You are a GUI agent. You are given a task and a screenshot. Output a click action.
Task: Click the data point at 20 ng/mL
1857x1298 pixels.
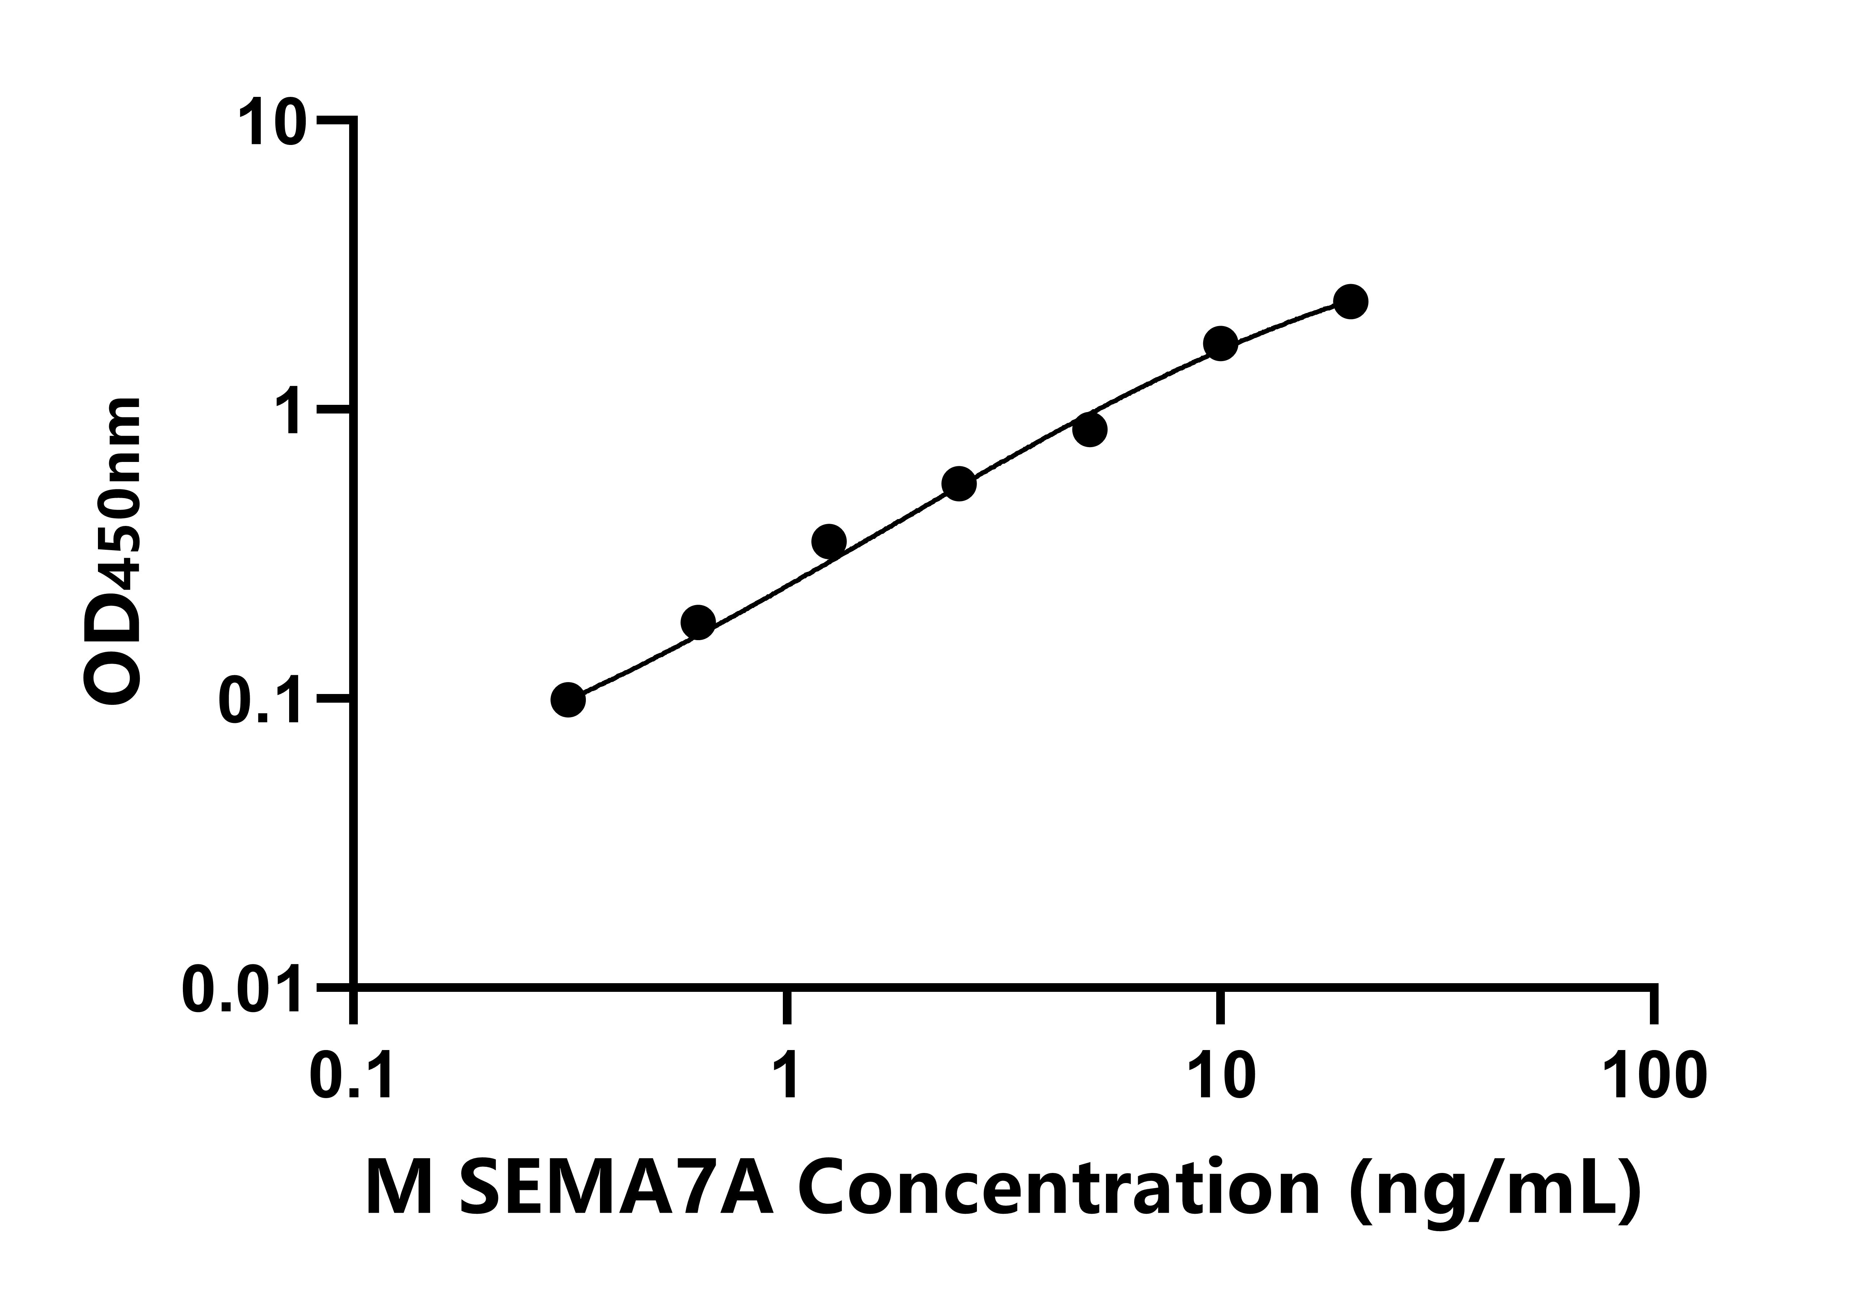click(1350, 302)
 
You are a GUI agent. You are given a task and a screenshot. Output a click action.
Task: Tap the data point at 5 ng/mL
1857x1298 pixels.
click(1089, 429)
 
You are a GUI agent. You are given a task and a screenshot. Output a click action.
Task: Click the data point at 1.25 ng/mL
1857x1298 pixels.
click(828, 541)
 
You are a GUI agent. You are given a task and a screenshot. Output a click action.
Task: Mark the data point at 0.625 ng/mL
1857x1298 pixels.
click(698, 622)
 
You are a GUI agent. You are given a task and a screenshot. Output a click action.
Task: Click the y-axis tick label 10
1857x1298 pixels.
click(273, 123)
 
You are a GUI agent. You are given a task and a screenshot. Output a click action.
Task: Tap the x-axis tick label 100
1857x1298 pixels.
click(1655, 1076)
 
